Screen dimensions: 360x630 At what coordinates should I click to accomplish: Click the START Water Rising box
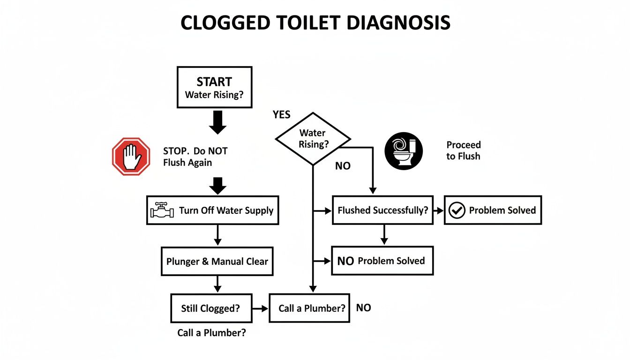(x=214, y=88)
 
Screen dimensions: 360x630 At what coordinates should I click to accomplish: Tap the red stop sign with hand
(x=131, y=157)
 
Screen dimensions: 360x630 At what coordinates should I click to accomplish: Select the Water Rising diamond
(x=313, y=139)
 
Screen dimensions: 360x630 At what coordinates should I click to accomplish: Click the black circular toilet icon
(x=404, y=150)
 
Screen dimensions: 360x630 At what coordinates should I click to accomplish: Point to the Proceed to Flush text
(x=463, y=150)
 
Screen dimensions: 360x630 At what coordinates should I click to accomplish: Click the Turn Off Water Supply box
(x=213, y=210)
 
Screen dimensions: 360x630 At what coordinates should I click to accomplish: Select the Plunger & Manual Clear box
(x=217, y=261)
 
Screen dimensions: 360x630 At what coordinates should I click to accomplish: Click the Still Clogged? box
(x=211, y=308)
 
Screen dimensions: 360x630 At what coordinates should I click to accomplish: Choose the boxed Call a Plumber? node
(x=309, y=308)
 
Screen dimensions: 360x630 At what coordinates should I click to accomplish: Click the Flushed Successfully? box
(x=382, y=210)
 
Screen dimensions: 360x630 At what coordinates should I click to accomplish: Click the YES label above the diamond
(x=282, y=115)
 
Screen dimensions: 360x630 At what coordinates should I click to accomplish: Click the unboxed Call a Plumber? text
(x=211, y=333)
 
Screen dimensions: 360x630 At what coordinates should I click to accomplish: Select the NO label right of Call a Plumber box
(x=363, y=308)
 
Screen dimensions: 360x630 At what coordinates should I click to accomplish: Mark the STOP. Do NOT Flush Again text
(x=195, y=157)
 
